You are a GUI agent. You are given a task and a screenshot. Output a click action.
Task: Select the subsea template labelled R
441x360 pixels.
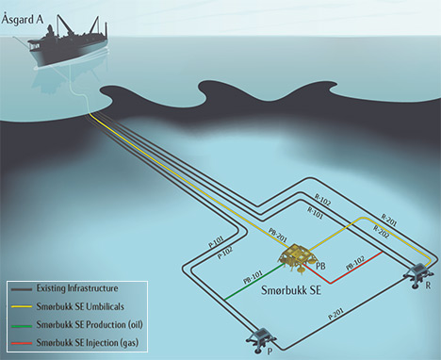click(417, 274)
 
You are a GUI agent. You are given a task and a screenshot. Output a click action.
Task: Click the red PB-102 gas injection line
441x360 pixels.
click(352, 264)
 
